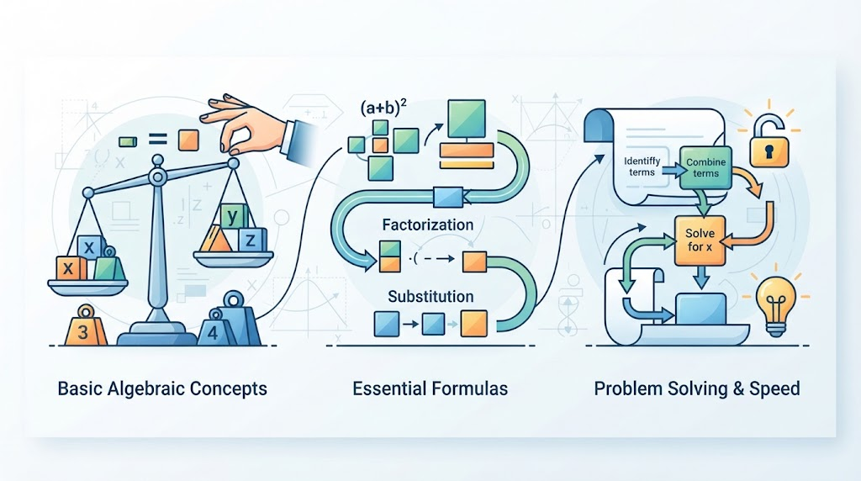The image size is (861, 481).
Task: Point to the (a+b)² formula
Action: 383,107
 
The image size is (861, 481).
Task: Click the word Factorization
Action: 428,225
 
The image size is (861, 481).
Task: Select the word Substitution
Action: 430,297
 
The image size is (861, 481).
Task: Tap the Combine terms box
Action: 705,168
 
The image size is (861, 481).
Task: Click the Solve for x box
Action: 700,240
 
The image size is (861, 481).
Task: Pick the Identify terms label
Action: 642,166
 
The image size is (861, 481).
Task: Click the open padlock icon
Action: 769,140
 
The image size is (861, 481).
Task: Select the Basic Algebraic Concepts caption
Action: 162,388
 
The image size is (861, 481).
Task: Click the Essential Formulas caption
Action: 430,388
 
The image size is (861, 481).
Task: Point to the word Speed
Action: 774,389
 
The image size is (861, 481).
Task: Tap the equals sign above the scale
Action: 158,140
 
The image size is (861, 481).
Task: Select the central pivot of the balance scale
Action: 158,177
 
